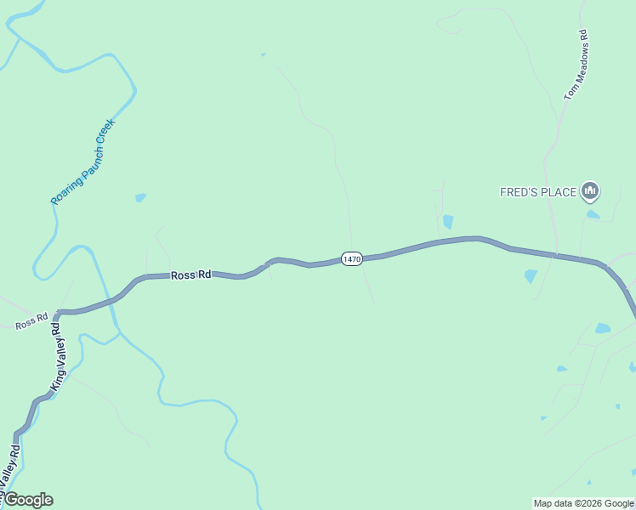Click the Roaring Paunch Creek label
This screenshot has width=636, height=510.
coord(82,161)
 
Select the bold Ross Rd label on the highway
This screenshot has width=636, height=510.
coord(190,275)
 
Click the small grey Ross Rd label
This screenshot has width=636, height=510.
coord(31,324)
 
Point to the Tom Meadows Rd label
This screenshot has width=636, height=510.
coord(576,65)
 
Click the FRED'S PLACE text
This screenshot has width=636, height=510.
coord(537,192)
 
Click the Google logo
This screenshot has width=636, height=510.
coord(27,500)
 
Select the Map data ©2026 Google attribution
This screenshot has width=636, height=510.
coord(583,503)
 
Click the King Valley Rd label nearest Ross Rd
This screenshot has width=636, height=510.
coord(57,355)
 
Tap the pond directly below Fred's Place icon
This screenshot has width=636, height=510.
coord(593,214)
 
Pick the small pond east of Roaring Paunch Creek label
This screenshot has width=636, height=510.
coord(140,197)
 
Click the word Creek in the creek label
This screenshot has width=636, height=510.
coord(103,133)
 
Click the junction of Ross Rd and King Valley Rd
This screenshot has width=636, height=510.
coord(58,313)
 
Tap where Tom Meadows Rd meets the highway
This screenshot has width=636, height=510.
coord(556,255)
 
